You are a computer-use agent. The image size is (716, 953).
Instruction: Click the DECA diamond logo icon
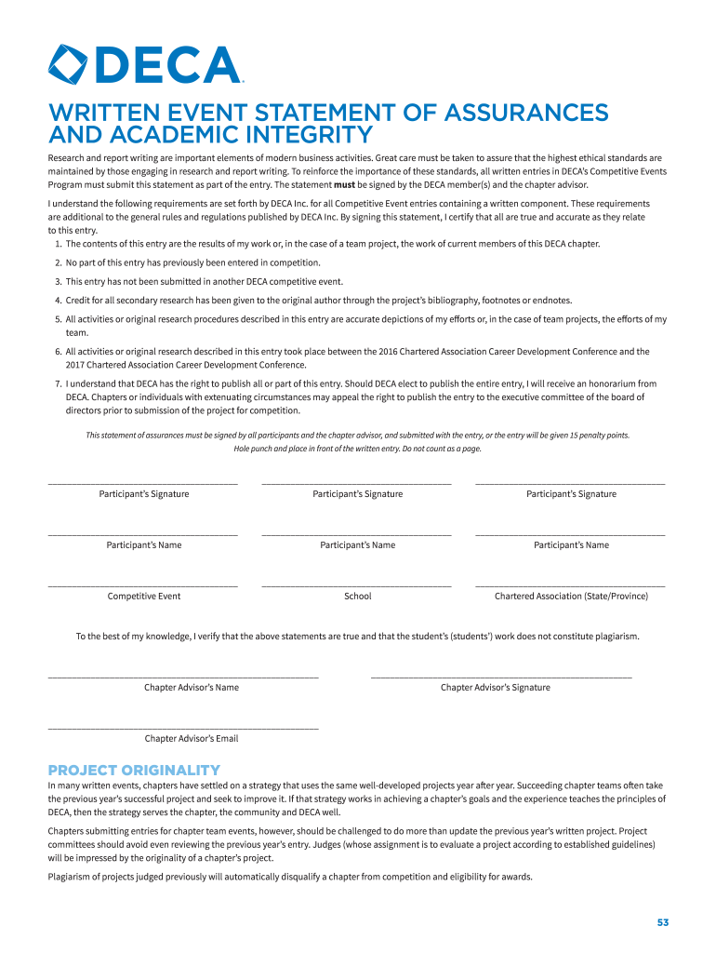click(x=68, y=65)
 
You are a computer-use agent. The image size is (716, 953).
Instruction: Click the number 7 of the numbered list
click(x=58, y=383)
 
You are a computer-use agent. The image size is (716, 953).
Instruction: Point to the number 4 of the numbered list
click(x=58, y=301)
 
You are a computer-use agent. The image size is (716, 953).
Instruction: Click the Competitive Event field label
click(x=144, y=597)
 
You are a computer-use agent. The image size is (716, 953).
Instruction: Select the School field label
click(x=357, y=597)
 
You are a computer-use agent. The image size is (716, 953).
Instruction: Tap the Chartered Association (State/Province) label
click(x=571, y=597)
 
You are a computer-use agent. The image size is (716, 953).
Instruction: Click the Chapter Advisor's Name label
click(x=191, y=688)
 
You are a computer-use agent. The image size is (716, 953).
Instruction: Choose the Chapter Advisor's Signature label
click(x=495, y=688)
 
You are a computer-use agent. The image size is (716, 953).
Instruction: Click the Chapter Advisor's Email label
click(x=191, y=739)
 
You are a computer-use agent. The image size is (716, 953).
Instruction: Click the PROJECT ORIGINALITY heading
click(x=134, y=771)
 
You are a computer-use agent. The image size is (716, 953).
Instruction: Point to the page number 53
click(x=662, y=922)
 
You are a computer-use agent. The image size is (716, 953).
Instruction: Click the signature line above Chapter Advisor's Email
click(x=183, y=728)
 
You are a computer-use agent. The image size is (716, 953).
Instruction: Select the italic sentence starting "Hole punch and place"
click(x=357, y=449)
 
